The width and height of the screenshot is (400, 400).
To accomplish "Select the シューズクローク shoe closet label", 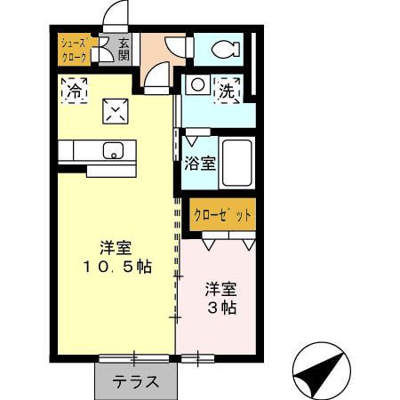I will tap(74, 50).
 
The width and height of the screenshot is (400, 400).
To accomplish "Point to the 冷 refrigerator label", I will tap(75, 90).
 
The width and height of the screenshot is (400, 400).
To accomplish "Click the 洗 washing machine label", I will tap(228, 89).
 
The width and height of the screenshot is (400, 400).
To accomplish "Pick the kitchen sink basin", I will tap(113, 150).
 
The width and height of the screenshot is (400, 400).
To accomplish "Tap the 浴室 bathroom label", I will tap(199, 164).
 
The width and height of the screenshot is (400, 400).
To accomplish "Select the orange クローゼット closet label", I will tap(223, 213).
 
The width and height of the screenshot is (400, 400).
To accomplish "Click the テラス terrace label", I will tap(135, 382).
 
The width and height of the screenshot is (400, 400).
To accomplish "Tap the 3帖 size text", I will tap(222, 308).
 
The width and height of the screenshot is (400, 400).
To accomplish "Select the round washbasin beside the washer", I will tap(196, 85).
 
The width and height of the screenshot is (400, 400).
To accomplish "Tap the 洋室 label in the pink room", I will tap(221, 289).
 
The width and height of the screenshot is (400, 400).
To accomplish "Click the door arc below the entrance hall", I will tap(155, 82).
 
